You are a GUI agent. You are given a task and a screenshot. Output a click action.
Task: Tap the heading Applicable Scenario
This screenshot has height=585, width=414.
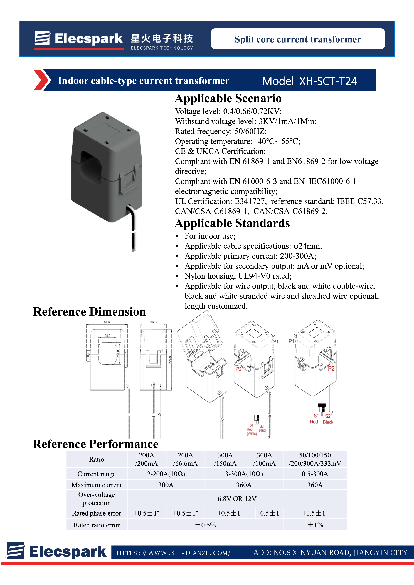point(228,99)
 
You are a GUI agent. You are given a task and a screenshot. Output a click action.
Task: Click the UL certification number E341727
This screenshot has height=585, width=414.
point(250,201)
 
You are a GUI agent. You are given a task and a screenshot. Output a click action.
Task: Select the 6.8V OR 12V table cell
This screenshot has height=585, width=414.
point(237,499)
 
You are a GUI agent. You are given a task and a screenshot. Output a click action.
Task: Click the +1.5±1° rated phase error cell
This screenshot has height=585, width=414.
point(315,513)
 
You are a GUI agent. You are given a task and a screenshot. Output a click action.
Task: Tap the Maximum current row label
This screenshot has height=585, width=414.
point(97,485)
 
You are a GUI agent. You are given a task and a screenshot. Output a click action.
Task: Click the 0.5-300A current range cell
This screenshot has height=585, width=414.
point(315,474)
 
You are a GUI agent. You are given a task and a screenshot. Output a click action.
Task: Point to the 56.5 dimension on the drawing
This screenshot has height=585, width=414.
point(107,322)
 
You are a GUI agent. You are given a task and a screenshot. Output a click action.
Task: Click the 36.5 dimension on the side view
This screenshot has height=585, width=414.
point(153,322)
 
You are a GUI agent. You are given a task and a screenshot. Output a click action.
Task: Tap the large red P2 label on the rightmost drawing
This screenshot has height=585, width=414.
point(331,369)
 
